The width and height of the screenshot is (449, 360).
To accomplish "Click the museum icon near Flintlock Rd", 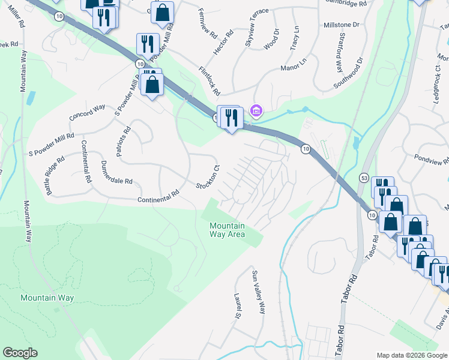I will (x=256, y=110).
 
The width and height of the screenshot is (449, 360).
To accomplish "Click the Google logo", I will (x=20, y=353).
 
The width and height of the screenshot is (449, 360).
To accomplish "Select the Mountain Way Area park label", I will (x=227, y=230).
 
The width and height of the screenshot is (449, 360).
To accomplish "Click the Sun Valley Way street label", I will (x=258, y=292).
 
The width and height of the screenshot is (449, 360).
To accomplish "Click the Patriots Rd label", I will (x=123, y=142).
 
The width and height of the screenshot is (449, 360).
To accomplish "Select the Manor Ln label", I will (x=294, y=68).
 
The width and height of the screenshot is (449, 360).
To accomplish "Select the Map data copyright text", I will (x=411, y=355).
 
